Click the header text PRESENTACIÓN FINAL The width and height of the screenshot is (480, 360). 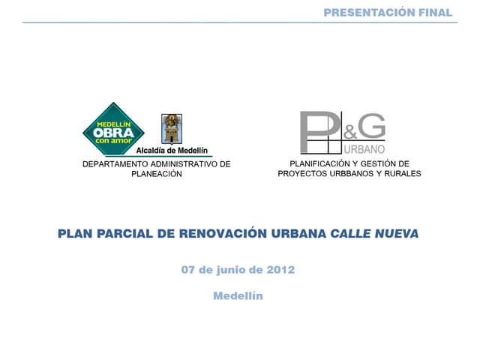(388, 12)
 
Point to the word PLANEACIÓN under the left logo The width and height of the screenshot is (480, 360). (156, 173)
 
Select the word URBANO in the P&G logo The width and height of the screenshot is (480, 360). (364, 148)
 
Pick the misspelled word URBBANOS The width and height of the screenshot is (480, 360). (349, 173)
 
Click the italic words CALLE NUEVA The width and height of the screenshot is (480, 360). (374, 233)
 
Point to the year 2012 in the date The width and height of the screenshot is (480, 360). (280, 269)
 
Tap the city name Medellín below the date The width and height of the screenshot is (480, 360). (238, 295)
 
